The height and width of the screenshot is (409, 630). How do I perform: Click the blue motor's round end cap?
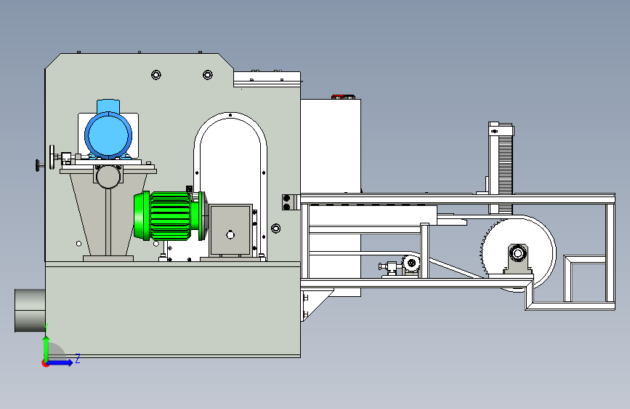pos(108,135)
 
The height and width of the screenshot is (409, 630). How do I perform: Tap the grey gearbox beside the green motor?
pos(230,230)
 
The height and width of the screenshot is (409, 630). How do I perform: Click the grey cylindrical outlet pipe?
pos(30,310)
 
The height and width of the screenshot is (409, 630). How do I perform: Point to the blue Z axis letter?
pos(78,358)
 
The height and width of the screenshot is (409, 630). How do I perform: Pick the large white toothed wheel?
pos(518,253)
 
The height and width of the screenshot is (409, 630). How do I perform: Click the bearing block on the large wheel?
pos(517,259)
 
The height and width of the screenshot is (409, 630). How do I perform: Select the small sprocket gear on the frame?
pos(411,263)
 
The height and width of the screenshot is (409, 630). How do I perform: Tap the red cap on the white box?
pos(338,97)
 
